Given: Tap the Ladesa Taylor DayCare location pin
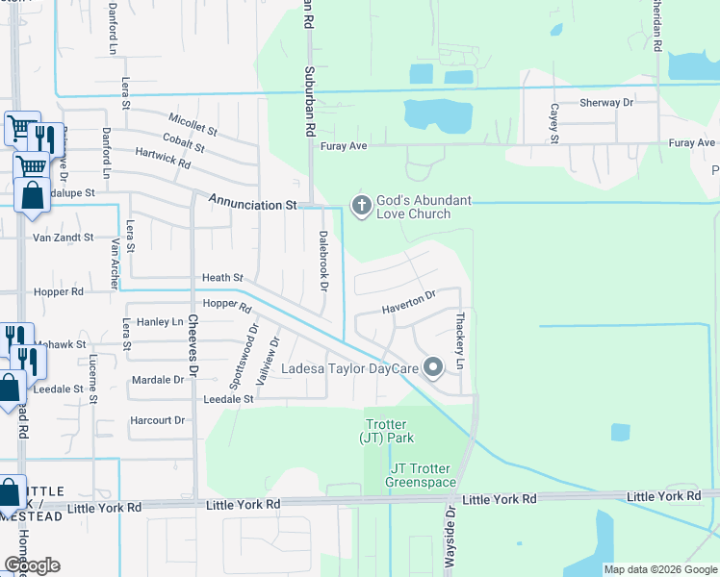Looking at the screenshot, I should point(433,366).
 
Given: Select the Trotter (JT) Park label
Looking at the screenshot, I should point(386,431).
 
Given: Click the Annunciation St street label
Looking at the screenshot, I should point(252,205).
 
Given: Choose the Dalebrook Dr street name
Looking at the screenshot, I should point(323,262).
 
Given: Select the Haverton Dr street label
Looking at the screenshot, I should point(409,303).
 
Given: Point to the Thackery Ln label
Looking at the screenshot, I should point(460,340).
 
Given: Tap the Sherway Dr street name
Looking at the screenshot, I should point(606,102).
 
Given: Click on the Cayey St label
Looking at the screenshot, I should point(554,124).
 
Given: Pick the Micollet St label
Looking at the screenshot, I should point(193,123).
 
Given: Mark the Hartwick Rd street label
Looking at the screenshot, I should point(163,158).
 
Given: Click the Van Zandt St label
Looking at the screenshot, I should point(63,237).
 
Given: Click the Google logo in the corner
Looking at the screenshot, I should point(31,565).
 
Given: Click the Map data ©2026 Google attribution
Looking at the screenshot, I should point(659,569).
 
